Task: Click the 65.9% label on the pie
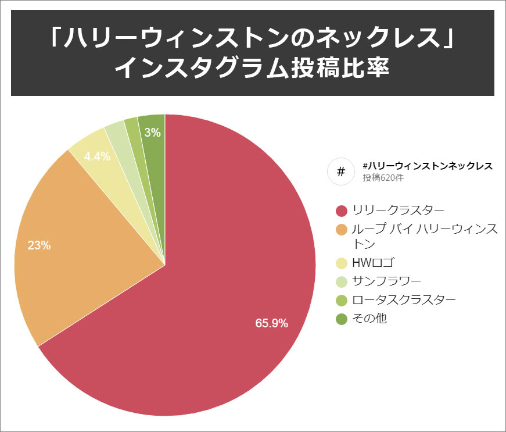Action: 271,323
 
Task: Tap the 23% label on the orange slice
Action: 39,245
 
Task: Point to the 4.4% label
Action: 97,156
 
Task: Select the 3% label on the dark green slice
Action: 152,133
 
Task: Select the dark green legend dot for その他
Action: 342,319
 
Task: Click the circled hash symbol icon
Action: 341,172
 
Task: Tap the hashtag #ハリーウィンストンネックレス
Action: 427,166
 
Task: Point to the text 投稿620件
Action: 383,178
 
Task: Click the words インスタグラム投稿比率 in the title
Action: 252,67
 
